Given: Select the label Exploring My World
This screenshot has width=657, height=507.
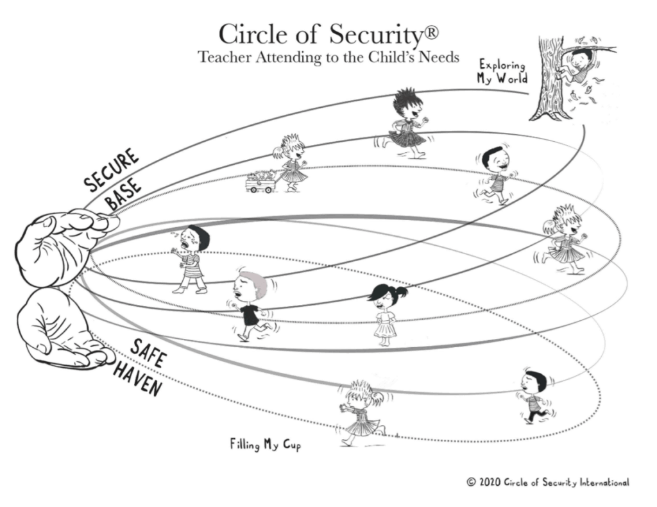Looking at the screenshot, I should tap(502, 71).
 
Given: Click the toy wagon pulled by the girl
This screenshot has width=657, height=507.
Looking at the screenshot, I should tap(262, 182).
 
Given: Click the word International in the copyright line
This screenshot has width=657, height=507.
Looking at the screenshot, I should tap(600, 482).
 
